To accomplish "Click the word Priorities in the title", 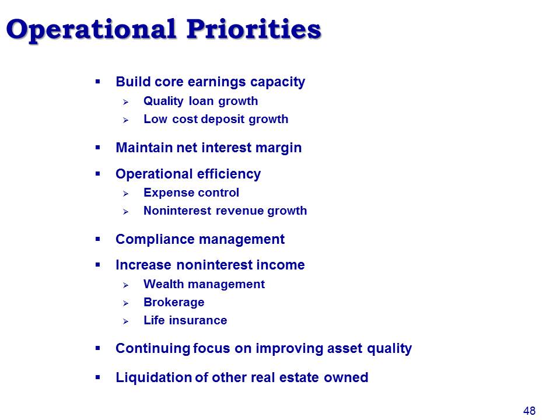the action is [x=254, y=29].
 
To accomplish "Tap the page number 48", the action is [x=529, y=411].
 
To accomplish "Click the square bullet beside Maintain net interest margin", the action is [x=98, y=148].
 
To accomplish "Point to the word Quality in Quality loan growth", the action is [x=163, y=101].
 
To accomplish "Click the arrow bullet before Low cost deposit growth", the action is [x=125, y=120].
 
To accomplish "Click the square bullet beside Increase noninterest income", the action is [x=98, y=265].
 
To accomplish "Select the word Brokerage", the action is [x=174, y=303].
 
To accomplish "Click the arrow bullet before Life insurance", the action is [x=125, y=321].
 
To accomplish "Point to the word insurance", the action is [x=198, y=320].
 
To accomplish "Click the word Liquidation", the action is [x=153, y=377].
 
